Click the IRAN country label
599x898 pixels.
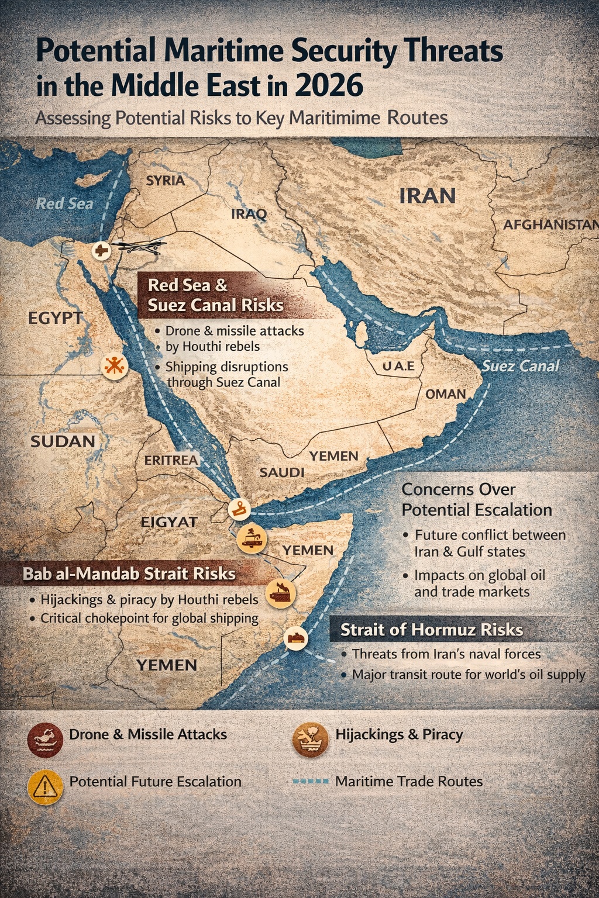427,196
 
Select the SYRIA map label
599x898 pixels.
166,181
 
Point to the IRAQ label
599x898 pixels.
249,214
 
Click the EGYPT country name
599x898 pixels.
56,318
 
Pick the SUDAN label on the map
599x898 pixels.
63,441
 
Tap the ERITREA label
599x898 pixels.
171,460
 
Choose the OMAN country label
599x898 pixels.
446,394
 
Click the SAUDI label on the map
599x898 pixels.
282,472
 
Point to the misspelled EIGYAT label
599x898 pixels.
169,522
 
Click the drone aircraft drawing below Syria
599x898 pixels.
140,247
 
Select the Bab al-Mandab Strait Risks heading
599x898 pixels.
129,574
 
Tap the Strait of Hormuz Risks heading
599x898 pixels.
432,630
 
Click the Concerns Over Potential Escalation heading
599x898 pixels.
476,499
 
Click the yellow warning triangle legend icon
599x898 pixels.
45,787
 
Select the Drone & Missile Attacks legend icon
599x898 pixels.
45,740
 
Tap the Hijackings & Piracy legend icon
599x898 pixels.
310,739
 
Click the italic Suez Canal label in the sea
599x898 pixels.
521,367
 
